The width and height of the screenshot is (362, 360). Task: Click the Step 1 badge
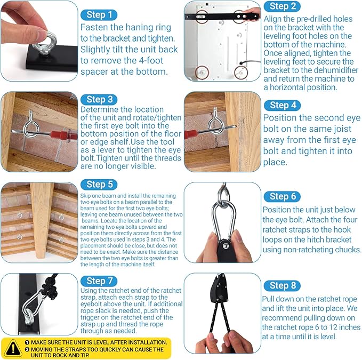tap(99, 15)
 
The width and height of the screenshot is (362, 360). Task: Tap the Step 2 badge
tap(282, 6)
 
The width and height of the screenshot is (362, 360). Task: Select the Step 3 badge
tap(99, 100)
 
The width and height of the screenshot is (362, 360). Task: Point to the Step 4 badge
tap(282, 106)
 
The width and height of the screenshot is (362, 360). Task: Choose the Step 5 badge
tap(99, 185)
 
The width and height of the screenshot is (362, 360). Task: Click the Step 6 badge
tap(282, 196)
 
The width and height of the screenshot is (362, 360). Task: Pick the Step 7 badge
tap(99, 281)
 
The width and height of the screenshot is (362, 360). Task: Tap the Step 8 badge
tap(282, 286)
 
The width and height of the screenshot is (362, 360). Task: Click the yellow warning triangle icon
tap(13, 348)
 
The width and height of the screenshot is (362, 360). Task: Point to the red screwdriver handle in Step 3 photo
tap(63, 134)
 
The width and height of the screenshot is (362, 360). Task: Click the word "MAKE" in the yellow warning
tap(38, 342)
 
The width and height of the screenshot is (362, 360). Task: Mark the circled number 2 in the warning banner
tap(27, 349)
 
